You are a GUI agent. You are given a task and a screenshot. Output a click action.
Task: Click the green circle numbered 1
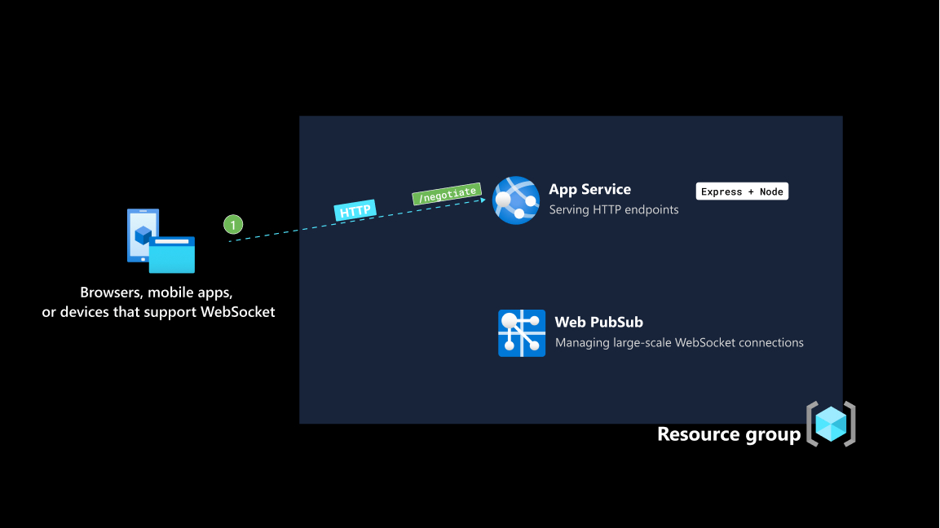(x=233, y=224)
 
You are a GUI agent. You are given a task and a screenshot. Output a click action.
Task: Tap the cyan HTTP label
(x=355, y=211)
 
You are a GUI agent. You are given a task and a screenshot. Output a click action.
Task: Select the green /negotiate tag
(x=447, y=194)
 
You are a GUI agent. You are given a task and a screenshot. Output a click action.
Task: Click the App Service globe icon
(x=516, y=200)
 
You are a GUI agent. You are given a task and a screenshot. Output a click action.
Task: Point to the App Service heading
(x=589, y=189)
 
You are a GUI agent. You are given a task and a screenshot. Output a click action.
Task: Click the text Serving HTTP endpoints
(x=613, y=209)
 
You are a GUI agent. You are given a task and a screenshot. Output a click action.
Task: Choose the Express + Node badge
(x=742, y=191)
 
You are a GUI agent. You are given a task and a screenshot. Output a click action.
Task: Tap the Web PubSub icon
(x=522, y=333)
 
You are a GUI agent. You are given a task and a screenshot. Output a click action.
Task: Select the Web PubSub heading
(x=598, y=322)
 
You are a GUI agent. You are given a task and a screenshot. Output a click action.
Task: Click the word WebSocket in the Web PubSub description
(x=708, y=342)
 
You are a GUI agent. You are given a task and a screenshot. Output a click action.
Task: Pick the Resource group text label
(x=729, y=434)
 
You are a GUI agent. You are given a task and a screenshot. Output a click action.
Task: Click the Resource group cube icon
(x=831, y=424)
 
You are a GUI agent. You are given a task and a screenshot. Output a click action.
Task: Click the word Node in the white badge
(x=770, y=191)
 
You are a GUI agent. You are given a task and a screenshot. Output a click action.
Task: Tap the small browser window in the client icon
(x=171, y=255)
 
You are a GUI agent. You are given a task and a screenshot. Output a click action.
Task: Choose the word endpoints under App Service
(x=650, y=209)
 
